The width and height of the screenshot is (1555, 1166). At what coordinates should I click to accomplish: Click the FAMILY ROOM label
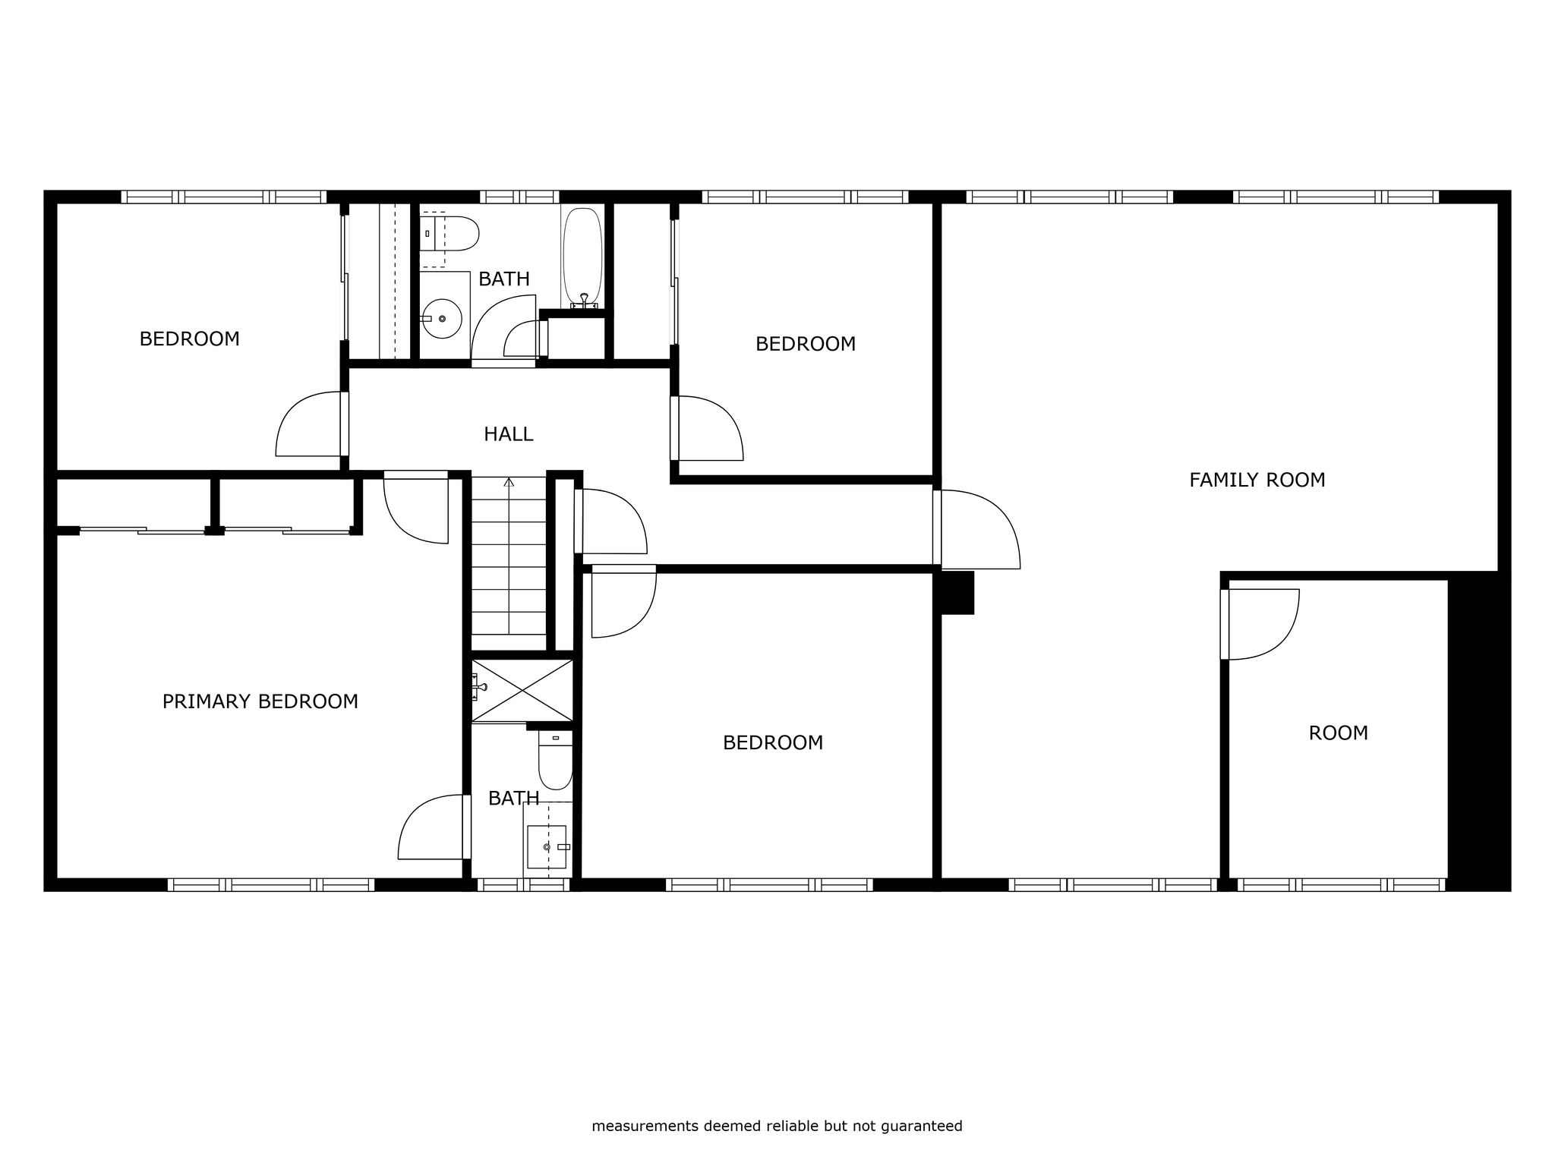[1257, 480]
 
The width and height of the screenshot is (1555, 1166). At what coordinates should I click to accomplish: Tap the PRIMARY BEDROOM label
[260, 701]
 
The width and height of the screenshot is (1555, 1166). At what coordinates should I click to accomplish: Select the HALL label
[509, 434]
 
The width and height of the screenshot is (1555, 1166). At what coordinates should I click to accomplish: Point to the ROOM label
[1339, 733]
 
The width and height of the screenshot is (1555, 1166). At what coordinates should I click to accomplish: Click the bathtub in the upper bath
[582, 258]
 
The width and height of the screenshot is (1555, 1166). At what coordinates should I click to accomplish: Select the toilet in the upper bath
[449, 233]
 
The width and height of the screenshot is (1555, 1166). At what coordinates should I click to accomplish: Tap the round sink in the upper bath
[442, 319]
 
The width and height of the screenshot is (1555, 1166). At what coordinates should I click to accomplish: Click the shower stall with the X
[522, 690]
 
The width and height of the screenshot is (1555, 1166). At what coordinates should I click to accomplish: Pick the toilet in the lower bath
[556, 760]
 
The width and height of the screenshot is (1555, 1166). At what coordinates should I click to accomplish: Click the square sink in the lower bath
[547, 846]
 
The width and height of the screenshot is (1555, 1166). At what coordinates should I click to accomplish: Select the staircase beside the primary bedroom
[509, 556]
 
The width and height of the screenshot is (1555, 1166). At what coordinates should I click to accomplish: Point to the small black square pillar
[957, 593]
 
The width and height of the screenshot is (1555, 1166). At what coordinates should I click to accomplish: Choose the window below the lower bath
[523, 884]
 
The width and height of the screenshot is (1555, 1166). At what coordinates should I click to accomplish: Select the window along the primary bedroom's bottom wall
[271, 884]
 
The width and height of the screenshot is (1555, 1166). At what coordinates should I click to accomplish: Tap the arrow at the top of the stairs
[509, 481]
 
